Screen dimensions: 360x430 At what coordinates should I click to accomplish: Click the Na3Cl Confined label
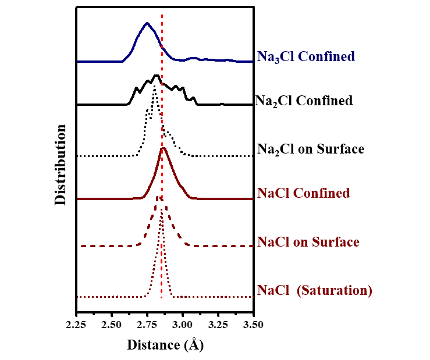coord(305,57)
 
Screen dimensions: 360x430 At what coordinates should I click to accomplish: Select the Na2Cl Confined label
coord(304,101)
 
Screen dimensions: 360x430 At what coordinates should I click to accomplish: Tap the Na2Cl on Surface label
coord(310,149)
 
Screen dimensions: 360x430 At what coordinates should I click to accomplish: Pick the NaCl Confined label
coord(303,193)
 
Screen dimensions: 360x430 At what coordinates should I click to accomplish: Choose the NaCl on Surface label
coord(308,242)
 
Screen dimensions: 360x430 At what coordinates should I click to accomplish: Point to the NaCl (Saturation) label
coord(314,290)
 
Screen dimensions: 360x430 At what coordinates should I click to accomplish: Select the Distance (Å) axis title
coord(165,345)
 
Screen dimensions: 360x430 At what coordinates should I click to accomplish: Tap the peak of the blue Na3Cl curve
coord(147,23)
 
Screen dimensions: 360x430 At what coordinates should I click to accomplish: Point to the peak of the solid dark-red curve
coord(164,148)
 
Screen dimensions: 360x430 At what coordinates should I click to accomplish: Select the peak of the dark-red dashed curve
coord(157,197)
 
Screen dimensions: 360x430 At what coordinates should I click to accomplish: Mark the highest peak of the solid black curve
coord(156,76)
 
